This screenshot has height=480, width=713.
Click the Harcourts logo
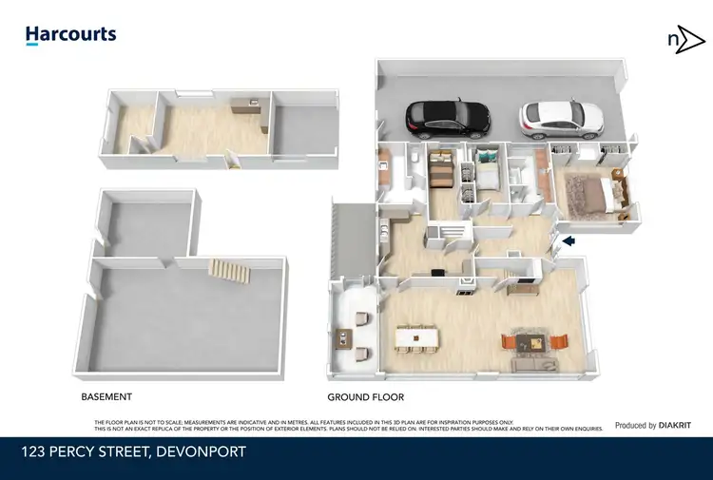pos(70,35)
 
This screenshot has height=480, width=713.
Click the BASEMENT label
pos(106,396)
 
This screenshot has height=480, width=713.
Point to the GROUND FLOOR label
pos(366,397)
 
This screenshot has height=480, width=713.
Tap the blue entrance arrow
pos(568,242)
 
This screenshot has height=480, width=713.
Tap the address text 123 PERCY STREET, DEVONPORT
pos(133,452)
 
